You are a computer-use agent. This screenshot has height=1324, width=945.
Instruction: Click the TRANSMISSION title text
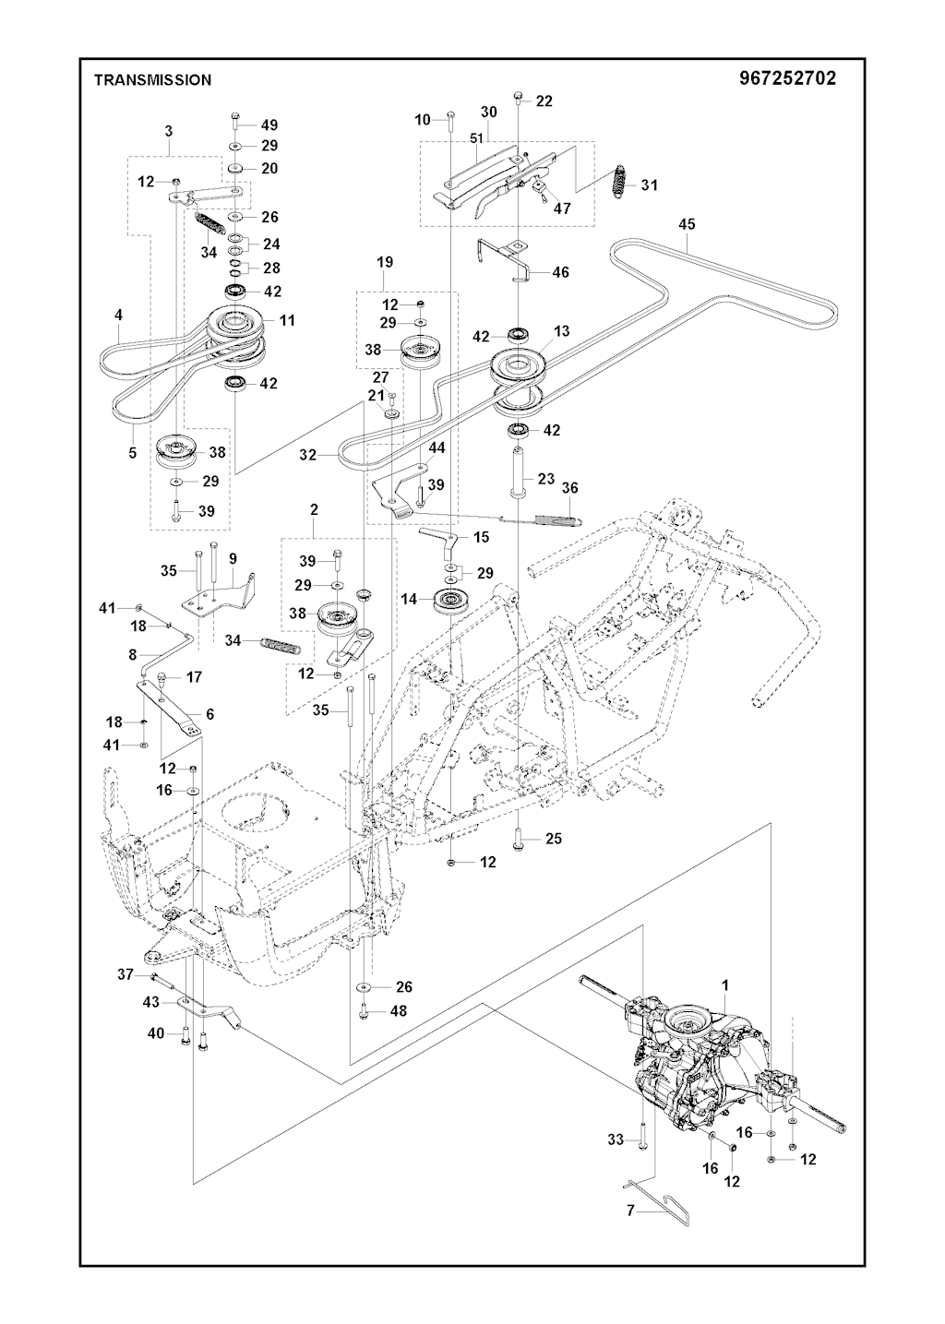[152, 80]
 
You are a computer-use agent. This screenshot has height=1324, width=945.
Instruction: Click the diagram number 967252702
[787, 78]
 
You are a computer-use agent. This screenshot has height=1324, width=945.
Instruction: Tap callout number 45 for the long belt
[687, 224]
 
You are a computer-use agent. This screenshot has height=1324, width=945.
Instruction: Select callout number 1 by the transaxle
[725, 984]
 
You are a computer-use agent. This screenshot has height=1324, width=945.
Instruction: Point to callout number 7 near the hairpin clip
[630, 1211]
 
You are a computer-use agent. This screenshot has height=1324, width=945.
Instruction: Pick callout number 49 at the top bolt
[269, 125]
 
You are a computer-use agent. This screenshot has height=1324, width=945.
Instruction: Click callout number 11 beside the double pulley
[287, 320]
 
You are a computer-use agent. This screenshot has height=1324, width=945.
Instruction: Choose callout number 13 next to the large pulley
[561, 331]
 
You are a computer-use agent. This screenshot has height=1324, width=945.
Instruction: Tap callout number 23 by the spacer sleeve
[546, 479]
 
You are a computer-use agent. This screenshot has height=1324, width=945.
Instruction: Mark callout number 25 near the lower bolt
[554, 839]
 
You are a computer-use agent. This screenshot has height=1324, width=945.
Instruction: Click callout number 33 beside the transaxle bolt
[616, 1139]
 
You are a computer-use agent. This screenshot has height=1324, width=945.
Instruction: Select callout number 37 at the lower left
[126, 973]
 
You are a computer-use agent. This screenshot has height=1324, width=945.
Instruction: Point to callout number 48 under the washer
[398, 1010]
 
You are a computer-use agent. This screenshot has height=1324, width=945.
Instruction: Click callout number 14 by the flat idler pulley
[410, 599]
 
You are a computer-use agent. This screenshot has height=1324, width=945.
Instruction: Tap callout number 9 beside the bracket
[233, 558]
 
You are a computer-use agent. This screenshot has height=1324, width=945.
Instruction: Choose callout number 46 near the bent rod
[560, 272]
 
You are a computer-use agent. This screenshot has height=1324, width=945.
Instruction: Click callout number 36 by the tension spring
[569, 487]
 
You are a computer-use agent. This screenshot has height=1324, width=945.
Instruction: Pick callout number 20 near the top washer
[269, 168]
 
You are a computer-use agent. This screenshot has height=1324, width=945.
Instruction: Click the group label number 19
[385, 262]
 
